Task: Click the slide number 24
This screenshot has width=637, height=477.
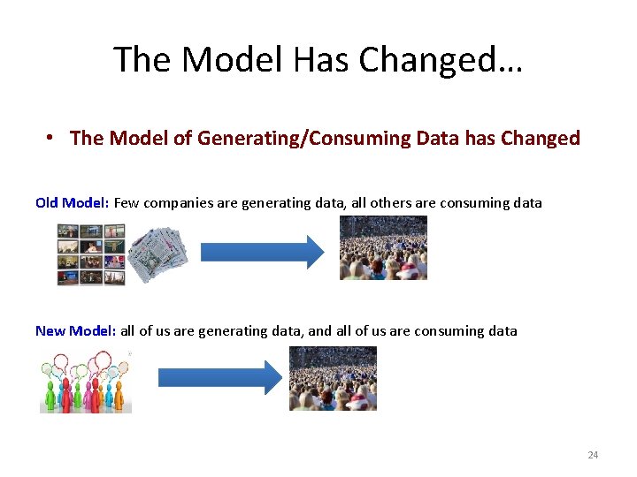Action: coord(593,455)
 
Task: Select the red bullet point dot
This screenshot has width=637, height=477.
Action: coord(52,139)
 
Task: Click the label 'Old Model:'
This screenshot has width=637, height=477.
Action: coord(72,202)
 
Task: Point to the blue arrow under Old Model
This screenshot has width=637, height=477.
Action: coord(263,253)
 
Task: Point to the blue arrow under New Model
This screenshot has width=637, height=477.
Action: coord(218,377)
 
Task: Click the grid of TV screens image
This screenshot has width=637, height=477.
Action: coord(91,254)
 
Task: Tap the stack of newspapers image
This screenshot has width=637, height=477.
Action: coord(157,254)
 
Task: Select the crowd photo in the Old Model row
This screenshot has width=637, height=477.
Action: coord(383,247)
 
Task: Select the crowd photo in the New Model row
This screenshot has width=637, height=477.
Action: coord(333,378)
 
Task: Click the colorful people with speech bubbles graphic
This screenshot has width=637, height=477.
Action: coord(85,382)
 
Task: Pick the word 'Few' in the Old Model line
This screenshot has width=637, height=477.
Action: coord(127,202)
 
